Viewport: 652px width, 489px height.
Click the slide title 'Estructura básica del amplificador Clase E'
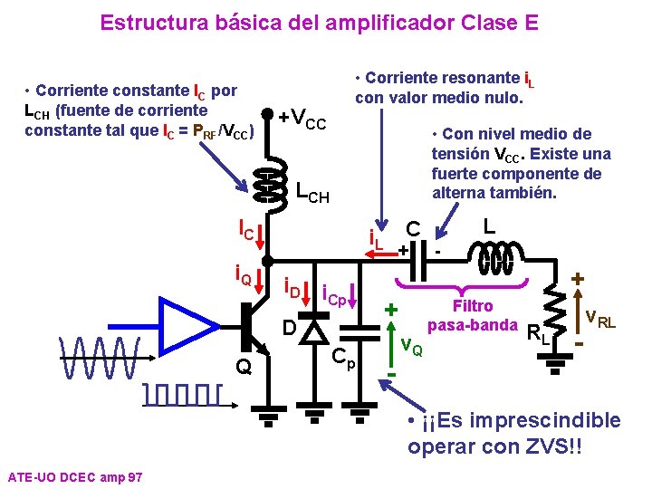click(319, 22)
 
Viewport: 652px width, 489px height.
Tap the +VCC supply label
click(302, 120)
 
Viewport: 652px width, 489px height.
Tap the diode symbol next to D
click(314, 331)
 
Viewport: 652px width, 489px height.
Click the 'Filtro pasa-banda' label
click(472, 315)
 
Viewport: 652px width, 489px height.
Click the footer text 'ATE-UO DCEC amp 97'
click(73, 476)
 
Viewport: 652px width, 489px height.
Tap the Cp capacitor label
click(344, 359)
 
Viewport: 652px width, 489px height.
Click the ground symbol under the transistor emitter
click(269, 419)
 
